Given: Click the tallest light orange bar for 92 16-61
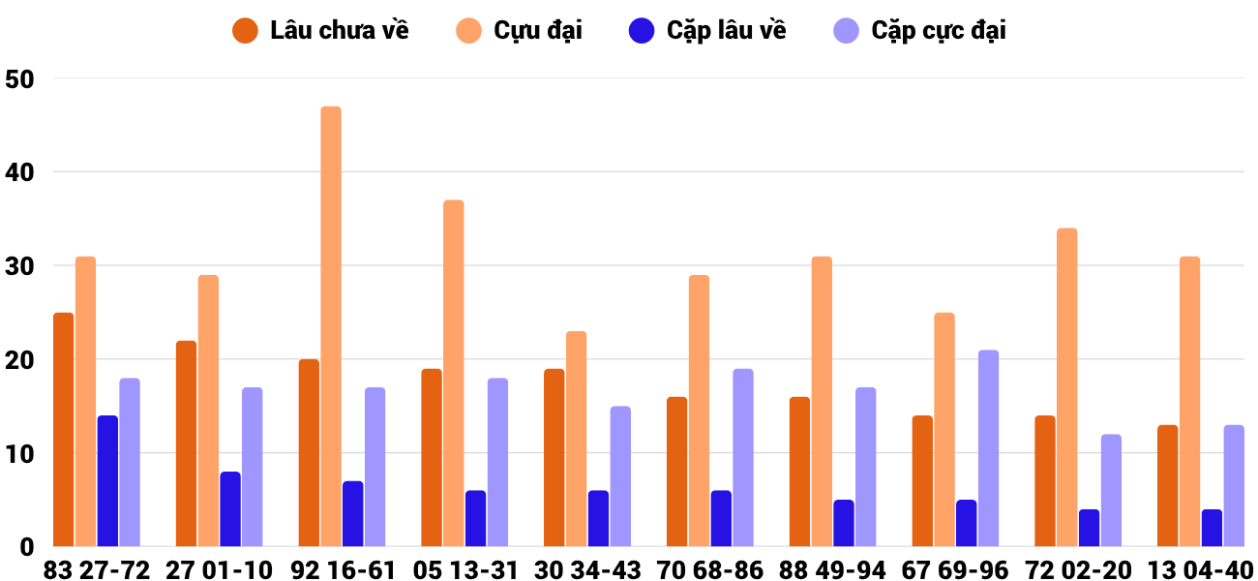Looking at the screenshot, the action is coord(331,326).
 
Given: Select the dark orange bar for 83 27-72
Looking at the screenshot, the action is coord(64,429).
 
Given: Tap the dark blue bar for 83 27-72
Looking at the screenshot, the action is coord(107,481).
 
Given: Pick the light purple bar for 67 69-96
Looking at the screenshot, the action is coord(988,447).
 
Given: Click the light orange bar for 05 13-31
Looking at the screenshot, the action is coord(454,373).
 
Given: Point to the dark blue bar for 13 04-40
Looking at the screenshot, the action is coord(1212,528).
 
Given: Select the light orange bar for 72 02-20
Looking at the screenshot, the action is coord(1067,387).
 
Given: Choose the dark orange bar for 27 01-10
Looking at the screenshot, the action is coord(187,443).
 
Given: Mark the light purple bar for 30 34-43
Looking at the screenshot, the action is coord(620,475).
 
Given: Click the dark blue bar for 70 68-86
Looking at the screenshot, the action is coord(721,518).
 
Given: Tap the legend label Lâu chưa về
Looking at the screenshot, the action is coord(340,30).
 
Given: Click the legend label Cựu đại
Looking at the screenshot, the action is coord(538,30).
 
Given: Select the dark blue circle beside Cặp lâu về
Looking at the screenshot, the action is coord(642,30).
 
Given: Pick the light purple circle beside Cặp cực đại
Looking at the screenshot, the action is coord(847,30).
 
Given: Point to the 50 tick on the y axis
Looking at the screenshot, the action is coord(20,79).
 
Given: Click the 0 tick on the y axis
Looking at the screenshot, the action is coord(26,547).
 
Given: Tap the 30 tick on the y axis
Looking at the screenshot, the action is coord(20,266).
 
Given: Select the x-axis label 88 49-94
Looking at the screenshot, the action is coord(832,569).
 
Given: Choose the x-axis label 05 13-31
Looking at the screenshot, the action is coord(465,569).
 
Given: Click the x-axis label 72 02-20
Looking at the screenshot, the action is coord(1078,569).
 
